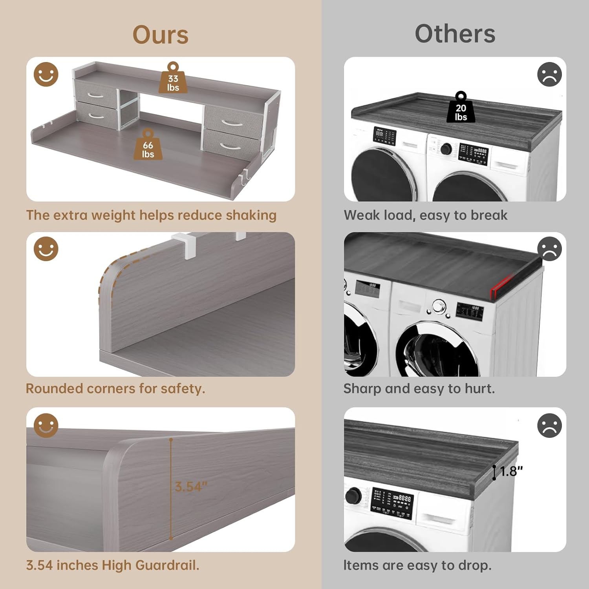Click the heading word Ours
(160, 35)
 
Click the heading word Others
(455, 34)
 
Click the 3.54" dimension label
(190, 487)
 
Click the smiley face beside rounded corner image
(46, 249)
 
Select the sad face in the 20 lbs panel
(549, 74)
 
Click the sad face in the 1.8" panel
(549, 425)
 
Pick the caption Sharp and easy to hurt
(419, 389)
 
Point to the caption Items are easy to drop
(417, 565)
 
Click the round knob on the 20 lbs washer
(446, 149)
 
